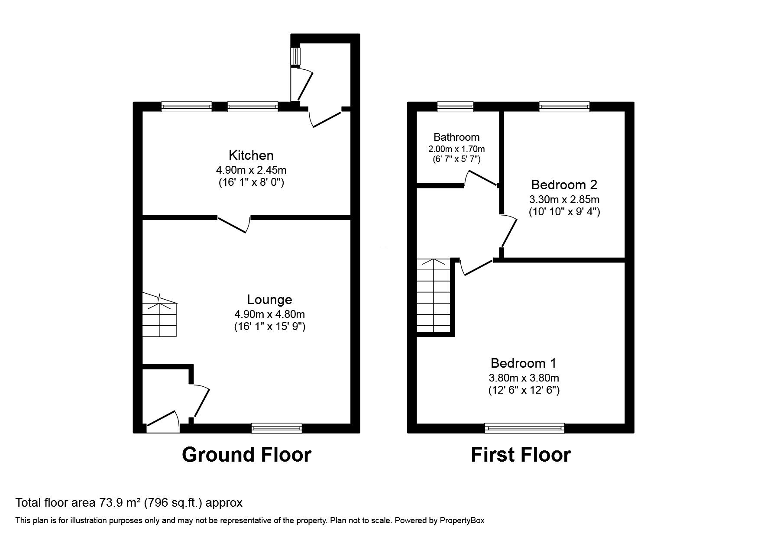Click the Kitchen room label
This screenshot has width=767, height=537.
click(x=251, y=155)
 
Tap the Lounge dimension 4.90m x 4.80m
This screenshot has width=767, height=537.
click(x=269, y=314)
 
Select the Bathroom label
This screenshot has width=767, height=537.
click(x=456, y=137)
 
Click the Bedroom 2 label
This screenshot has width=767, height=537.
click(x=564, y=185)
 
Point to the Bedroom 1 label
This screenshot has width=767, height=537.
click(x=523, y=363)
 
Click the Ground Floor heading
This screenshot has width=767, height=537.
click(x=246, y=455)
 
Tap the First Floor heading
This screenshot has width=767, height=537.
click(x=521, y=455)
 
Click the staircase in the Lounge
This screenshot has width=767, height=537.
click(x=160, y=315)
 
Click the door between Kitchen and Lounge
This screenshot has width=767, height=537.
click(x=234, y=223)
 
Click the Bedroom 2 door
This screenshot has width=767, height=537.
click(x=510, y=232)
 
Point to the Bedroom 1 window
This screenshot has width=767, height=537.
click(x=524, y=428)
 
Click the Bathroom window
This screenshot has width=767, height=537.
click(x=455, y=107)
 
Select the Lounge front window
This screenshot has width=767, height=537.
click(x=277, y=428)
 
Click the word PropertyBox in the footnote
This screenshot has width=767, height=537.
click(x=462, y=521)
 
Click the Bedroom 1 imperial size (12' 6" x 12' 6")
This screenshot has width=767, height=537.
click(x=523, y=390)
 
